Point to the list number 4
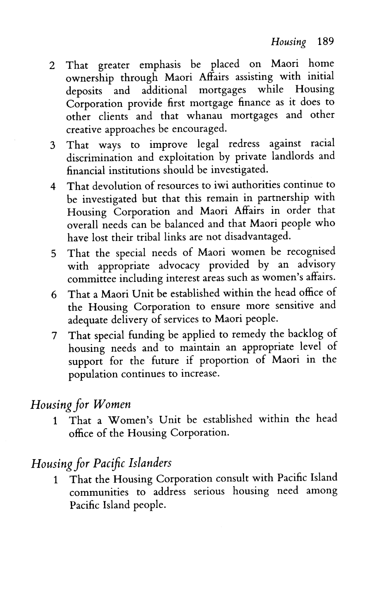coord(53,187)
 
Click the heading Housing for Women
coord(81,404)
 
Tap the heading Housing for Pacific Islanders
coord(101,463)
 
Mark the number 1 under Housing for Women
coord(55,421)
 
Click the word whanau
coord(205,116)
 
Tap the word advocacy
coord(179,266)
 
